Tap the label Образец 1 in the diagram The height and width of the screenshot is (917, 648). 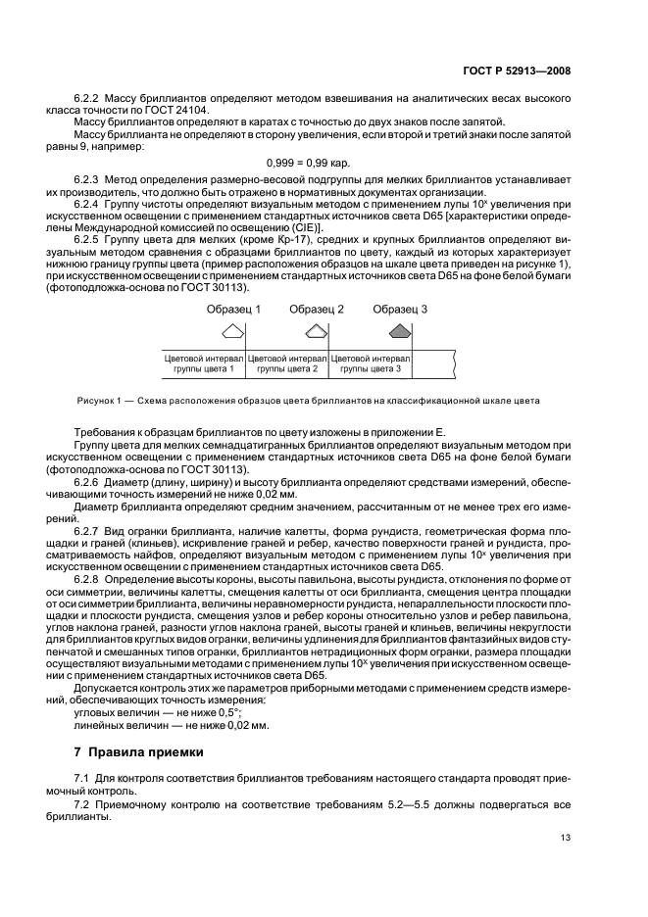tap(233, 309)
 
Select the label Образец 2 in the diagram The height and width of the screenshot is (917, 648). tap(317, 309)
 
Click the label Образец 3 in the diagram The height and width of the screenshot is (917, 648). tap(400, 309)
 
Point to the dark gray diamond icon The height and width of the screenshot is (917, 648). tap(399, 331)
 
